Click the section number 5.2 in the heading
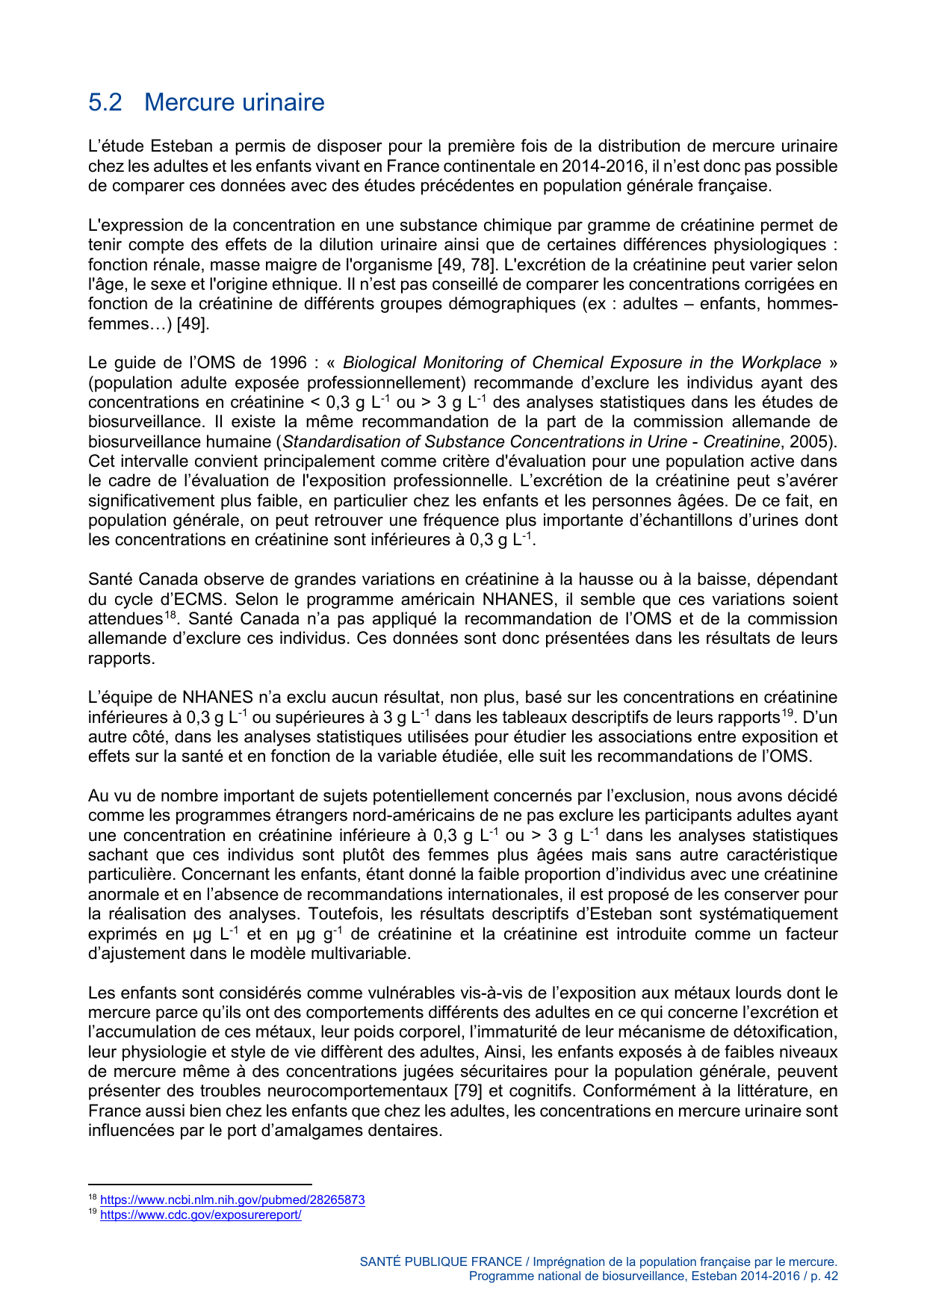(x=105, y=102)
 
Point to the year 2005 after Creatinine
(x=807, y=441)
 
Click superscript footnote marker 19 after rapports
(x=787, y=714)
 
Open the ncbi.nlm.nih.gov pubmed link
(x=232, y=1200)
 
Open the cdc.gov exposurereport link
(x=200, y=1214)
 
